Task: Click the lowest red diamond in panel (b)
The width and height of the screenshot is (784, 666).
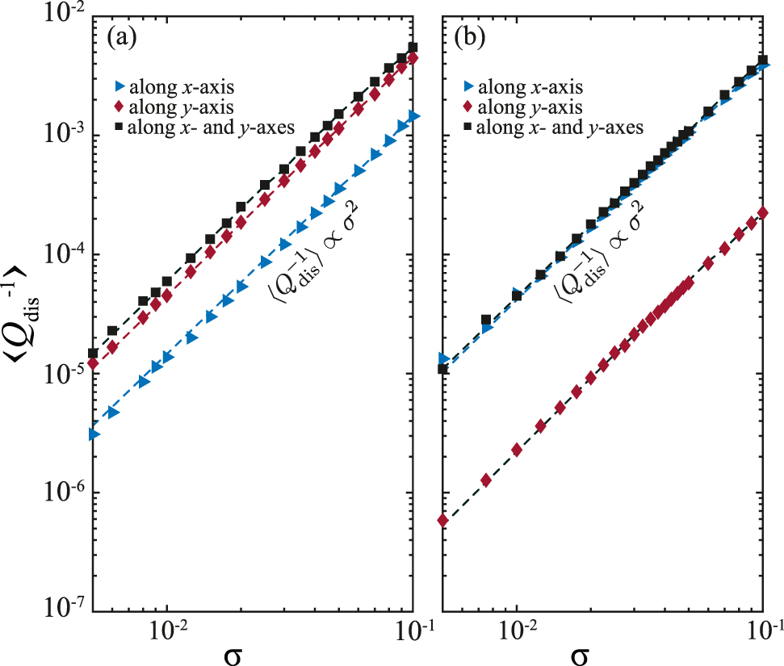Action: coord(442,520)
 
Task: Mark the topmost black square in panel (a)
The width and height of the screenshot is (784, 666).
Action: coord(413,48)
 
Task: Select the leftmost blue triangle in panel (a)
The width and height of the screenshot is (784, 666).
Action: coord(94,434)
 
